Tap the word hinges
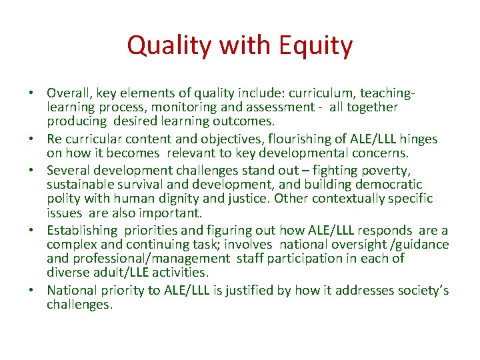tap(418, 139)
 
